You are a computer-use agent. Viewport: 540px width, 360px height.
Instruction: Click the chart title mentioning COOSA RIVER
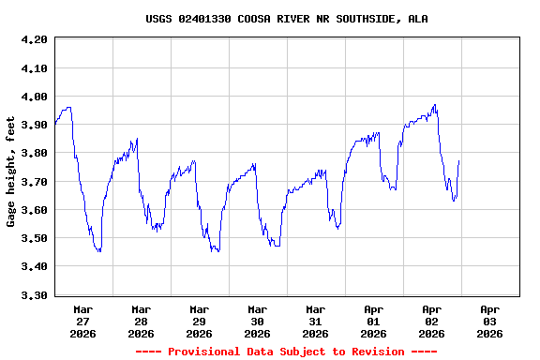click(x=287, y=19)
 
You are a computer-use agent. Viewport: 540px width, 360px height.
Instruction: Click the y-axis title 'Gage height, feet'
click(x=11, y=172)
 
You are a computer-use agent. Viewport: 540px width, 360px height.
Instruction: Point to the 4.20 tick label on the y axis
click(x=34, y=39)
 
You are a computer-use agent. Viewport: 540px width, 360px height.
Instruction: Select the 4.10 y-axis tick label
click(x=34, y=68)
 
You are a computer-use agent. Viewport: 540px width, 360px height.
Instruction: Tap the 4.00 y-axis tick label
click(x=34, y=97)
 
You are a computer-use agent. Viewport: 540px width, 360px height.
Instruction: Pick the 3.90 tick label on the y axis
click(x=34, y=125)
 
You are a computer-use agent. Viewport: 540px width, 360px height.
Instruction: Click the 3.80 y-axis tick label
click(x=34, y=153)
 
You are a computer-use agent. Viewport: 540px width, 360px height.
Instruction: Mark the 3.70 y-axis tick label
click(x=34, y=182)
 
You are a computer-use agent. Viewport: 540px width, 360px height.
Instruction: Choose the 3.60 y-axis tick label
click(x=34, y=210)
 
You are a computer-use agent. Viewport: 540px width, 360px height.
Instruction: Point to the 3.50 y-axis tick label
click(x=34, y=238)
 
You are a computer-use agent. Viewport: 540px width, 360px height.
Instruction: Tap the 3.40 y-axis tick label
click(x=34, y=266)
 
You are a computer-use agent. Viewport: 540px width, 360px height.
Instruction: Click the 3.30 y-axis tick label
click(x=34, y=295)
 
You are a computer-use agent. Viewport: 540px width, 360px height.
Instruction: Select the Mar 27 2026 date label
click(x=83, y=321)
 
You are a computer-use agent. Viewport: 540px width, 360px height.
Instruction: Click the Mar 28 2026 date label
click(x=142, y=321)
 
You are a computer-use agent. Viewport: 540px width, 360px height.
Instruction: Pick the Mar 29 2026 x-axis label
click(x=200, y=321)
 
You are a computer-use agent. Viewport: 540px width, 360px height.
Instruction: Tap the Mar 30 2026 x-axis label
click(x=258, y=321)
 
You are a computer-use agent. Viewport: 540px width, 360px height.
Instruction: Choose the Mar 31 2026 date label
click(x=316, y=321)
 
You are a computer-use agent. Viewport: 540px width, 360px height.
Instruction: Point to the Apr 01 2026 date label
click(x=374, y=321)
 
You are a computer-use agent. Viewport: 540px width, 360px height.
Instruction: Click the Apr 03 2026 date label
click(x=489, y=321)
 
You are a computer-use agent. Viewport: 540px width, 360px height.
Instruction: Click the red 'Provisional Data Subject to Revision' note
click(x=287, y=352)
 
